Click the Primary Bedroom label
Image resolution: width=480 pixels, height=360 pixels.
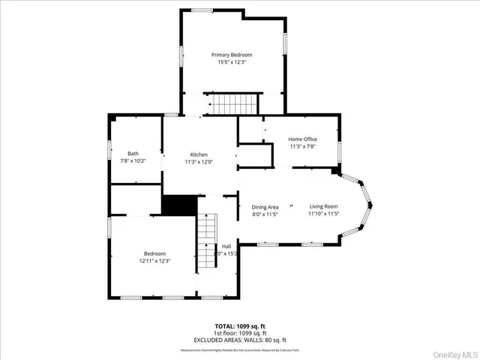pyautogui.click(x=231, y=55)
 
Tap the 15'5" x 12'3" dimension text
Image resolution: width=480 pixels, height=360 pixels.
pyautogui.click(x=231, y=62)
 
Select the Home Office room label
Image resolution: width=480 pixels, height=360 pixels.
pyautogui.click(x=303, y=139)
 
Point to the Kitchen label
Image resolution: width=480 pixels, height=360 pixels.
pyautogui.click(x=199, y=154)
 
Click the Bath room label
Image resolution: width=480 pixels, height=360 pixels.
pyautogui.click(x=133, y=154)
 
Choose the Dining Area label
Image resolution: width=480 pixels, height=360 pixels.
pyautogui.click(x=265, y=206)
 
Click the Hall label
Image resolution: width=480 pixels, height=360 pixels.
pyautogui.click(x=226, y=246)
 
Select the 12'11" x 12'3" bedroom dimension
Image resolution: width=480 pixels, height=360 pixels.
pyautogui.click(x=155, y=261)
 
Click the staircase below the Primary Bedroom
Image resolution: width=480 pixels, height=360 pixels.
pyautogui.click(x=232, y=103)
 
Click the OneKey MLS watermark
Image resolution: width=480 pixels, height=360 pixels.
pyautogui.click(x=453, y=351)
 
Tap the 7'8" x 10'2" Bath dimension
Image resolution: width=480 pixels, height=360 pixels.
pyautogui.click(x=133, y=160)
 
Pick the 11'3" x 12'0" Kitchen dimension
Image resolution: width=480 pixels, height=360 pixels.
pyautogui.click(x=199, y=161)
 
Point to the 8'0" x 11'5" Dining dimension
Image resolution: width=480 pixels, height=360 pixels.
pyautogui.click(x=265, y=214)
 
